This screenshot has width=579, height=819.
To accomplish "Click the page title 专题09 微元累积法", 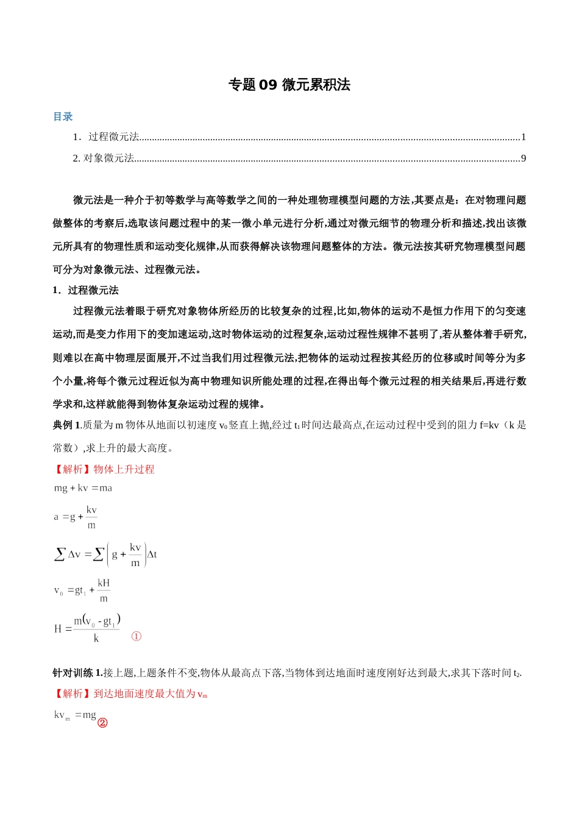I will click(289, 85).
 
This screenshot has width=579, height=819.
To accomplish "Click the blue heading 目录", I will click(63, 116).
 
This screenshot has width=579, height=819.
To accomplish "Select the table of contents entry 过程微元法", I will click(113, 137).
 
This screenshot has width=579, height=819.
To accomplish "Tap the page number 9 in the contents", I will click(524, 158).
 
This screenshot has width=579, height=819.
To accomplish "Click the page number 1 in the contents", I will click(524, 137).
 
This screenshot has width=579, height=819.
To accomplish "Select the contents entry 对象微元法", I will click(108, 158).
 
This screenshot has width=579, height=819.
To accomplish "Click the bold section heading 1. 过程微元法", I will click(86, 290).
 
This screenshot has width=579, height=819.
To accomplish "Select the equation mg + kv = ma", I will click(83, 488).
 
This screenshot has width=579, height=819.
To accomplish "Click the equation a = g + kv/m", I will click(76, 517).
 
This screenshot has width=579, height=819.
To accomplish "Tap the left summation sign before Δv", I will click(60, 554).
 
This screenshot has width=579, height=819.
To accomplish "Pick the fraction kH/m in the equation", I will click(104, 590).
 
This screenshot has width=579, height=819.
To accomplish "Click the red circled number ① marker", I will click(137, 636).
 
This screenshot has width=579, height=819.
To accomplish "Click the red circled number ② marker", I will click(102, 723).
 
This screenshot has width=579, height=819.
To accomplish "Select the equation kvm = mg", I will click(75, 715).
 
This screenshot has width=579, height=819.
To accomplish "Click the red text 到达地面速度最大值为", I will click(144, 693).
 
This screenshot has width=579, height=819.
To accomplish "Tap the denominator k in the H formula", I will click(96, 639).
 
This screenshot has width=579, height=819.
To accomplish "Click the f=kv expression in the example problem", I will click(489, 425).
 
